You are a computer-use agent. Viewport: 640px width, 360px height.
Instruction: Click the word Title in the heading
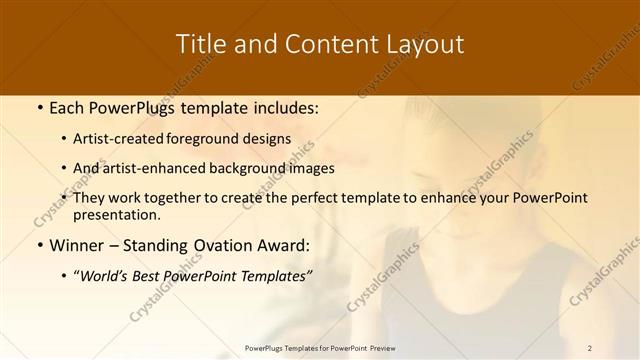200,45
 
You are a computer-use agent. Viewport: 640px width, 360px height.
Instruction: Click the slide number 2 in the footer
590,347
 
